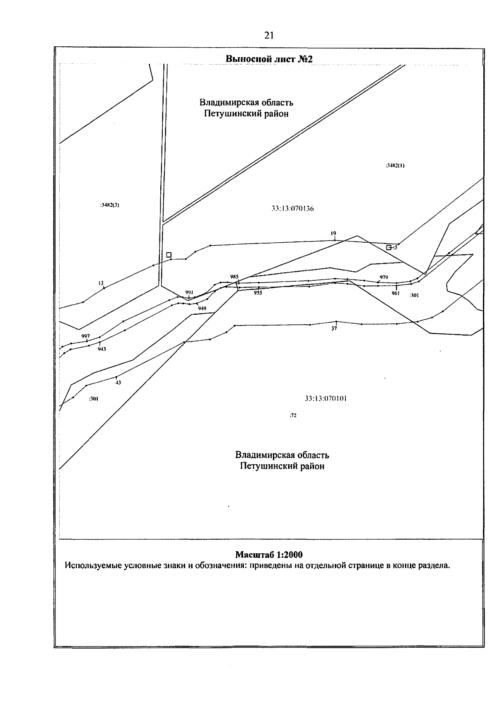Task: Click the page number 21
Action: [x=269, y=36]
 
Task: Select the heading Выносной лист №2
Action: [x=269, y=59]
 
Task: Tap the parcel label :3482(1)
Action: [x=395, y=166]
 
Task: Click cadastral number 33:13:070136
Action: [x=292, y=209]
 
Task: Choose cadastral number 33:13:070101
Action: [x=326, y=398]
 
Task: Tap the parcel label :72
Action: [x=293, y=415]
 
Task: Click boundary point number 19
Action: [x=333, y=234]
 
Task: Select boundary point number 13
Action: [x=101, y=283]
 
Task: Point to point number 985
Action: [x=234, y=277]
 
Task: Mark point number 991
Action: [x=189, y=292]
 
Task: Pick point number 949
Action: [x=202, y=309]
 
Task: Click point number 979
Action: [x=384, y=277]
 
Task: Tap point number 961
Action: [x=396, y=293]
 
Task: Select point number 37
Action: [x=334, y=328]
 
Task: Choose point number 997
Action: [x=86, y=336]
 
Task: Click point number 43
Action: [x=118, y=383]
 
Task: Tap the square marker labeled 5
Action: [x=388, y=247]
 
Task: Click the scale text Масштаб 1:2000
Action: [x=269, y=555]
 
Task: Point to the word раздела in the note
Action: [x=435, y=565]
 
